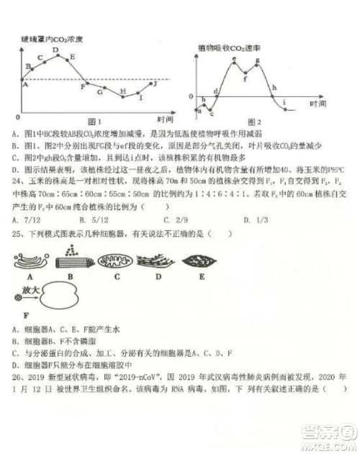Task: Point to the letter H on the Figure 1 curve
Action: [123, 91]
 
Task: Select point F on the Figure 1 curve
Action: [84, 86]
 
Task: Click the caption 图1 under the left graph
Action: [92, 120]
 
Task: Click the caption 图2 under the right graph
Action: [254, 121]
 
